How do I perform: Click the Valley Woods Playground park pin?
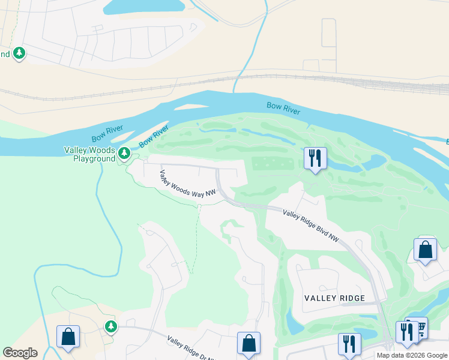coord(124,154)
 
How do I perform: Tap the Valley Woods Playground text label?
coord(90,154)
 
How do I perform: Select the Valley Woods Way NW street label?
coord(187,184)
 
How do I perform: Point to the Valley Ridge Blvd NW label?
coord(311,226)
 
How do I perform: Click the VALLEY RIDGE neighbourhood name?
coord(334,298)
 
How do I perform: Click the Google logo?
coord(20,353)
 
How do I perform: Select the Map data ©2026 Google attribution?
coord(412,355)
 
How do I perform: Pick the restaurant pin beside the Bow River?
coord(315,159)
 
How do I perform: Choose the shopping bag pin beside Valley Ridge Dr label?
coord(249,343)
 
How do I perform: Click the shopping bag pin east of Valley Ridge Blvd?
coord(425,250)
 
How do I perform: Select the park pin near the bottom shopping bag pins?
coord(110,326)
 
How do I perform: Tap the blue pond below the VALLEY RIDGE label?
coord(294,322)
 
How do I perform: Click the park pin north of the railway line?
coord(19,53)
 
